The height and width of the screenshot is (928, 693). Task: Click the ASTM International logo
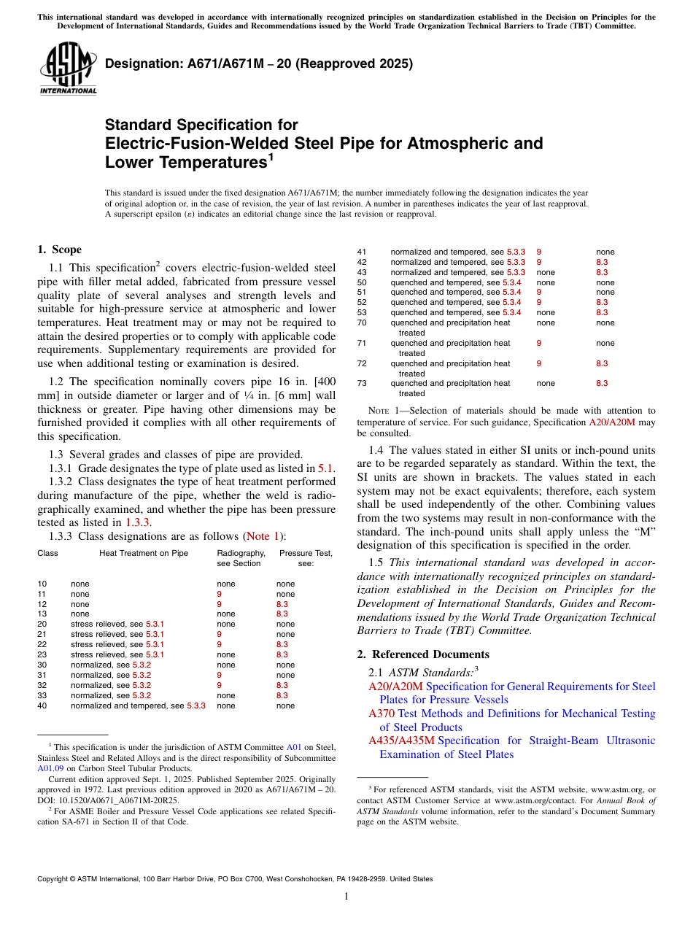click(67, 70)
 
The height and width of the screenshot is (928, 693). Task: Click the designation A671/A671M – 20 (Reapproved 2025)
click(259, 63)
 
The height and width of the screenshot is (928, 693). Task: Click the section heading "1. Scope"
click(59, 250)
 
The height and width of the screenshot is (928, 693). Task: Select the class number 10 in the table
click(42, 584)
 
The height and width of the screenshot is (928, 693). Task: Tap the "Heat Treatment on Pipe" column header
click(144, 554)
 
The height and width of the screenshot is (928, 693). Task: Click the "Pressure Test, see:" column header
click(306, 558)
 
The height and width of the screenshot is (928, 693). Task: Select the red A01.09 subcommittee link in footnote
click(50, 768)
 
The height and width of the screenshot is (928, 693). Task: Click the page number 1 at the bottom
click(346, 897)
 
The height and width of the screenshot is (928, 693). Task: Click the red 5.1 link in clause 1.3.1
click(326, 468)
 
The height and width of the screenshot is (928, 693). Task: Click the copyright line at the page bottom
click(234, 879)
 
